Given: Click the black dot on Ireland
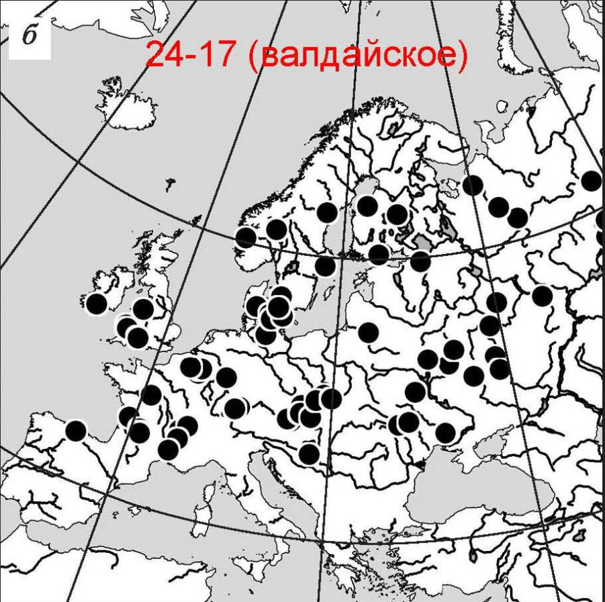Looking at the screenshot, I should pos(97,304).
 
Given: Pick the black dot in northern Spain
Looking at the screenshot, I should pos(76,430).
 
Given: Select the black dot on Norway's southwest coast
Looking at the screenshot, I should pos(246,236).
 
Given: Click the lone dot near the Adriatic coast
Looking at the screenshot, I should pos(309,454).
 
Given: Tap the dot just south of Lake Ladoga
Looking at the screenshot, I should pos(420,261).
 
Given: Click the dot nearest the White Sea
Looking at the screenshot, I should pos(473,185).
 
